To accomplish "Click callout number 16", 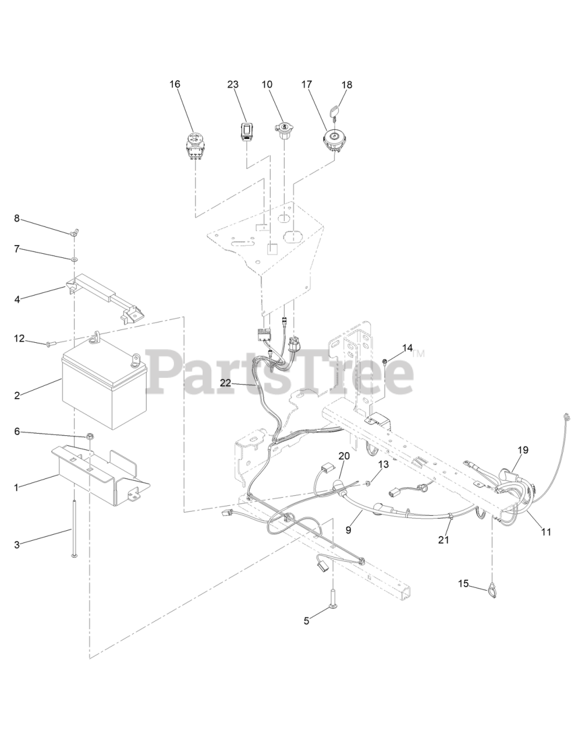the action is pyautogui.click(x=175, y=84).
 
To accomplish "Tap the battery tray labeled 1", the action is pyautogui.click(x=99, y=471).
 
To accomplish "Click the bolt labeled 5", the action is pyautogui.click(x=332, y=608).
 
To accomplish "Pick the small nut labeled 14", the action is pyautogui.click(x=385, y=362).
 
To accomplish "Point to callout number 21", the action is pyautogui.click(x=444, y=540).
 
